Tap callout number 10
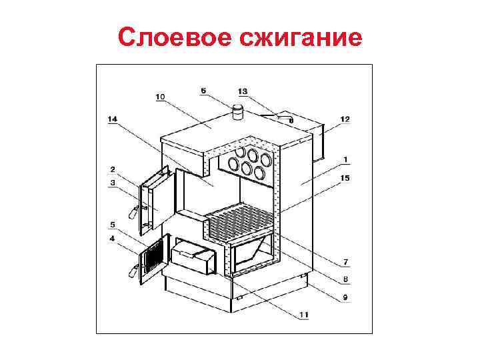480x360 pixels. pyautogui.click(x=160, y=97)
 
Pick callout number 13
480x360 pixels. pyautogui.click(x=242, y=91)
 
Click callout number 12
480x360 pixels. pyautogui.click(x=345, y=119)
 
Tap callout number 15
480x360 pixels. pyautogui.click(x=345, y=177)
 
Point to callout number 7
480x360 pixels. pyautogui.click(x=346, y=261)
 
